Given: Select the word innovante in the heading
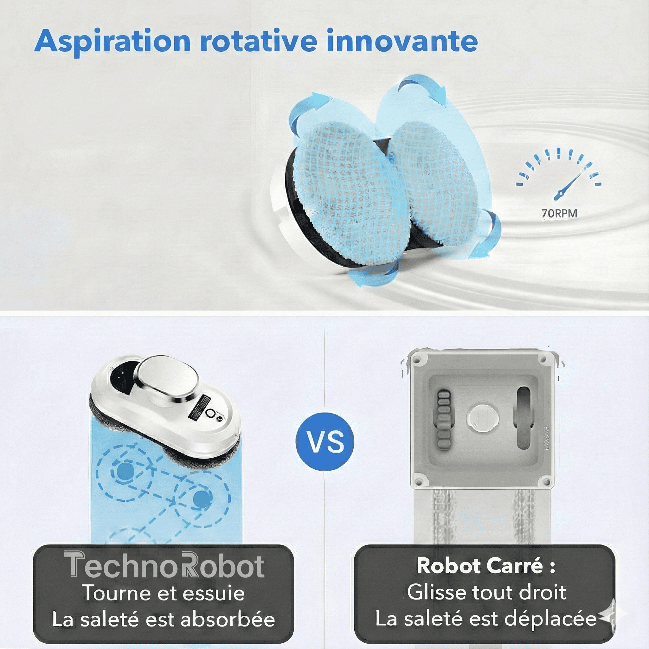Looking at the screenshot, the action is coord(402,41).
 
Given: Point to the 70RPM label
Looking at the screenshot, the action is coord(559,213).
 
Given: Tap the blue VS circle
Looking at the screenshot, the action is coord(325,441).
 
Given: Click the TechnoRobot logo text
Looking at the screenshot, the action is coord(164,566).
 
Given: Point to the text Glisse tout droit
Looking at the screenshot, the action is coord(487,592).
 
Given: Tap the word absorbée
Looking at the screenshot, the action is coord(228,619).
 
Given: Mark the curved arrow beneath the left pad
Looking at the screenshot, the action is coord(373,274).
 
